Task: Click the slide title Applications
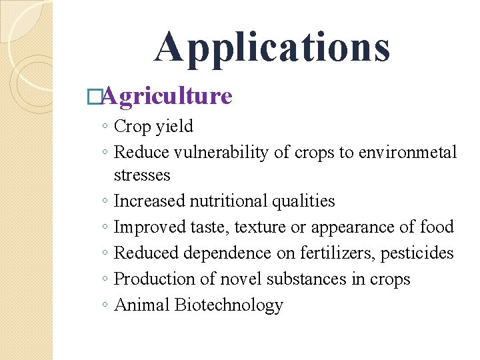click(272, 47)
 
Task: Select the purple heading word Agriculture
click(167, 96)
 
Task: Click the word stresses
click(142, 175)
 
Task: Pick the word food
click(437, 227)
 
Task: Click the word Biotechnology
click(229, 305)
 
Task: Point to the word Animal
click(142, 305)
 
